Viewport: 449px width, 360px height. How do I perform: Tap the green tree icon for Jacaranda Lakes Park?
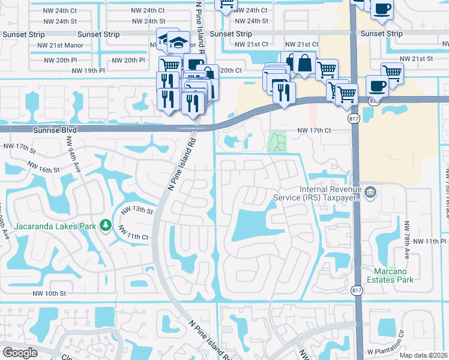click(106, 225)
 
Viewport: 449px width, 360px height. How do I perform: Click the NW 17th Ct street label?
click(315, 130)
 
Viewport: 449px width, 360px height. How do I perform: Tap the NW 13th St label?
click(137, 210)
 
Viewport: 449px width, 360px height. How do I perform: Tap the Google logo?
click(20, 352)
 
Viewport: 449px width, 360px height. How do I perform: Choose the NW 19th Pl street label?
click(88, 70)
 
